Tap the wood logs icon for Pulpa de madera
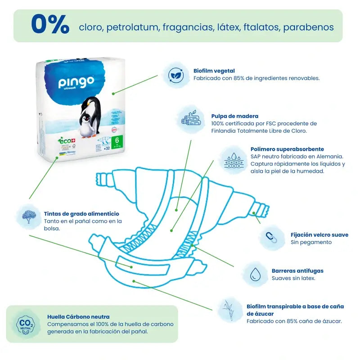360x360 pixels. pyautogui.click(x=190, y=119)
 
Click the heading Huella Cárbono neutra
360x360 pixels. pyautogui.click(x=78, y=317)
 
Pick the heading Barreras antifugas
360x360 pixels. pyautogui.click(x=297, y=271)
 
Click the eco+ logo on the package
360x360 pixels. pyautogui.click(x=66, y=140)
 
